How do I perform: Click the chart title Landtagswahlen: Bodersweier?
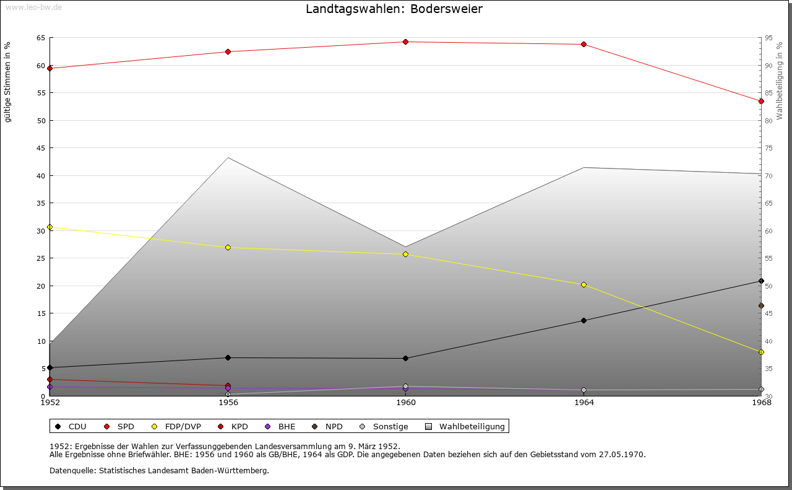[x=394, y=9]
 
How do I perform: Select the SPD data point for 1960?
[x=406, y=42]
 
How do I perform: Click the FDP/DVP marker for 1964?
[x=583, y=284]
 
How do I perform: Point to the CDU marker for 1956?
[x=228, y=357]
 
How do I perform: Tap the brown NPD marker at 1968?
[x=761, y=305]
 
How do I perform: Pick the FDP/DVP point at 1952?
[x=50, y=227]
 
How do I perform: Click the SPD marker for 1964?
[x=583, y=45]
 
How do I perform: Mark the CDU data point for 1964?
[x=583, y=320]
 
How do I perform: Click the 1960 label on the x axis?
[x=406, y=403]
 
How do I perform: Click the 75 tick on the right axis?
[x=768, y=148]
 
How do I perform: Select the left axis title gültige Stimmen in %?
[x=8, y=82]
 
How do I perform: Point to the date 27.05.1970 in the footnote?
[x=621, y=454]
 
